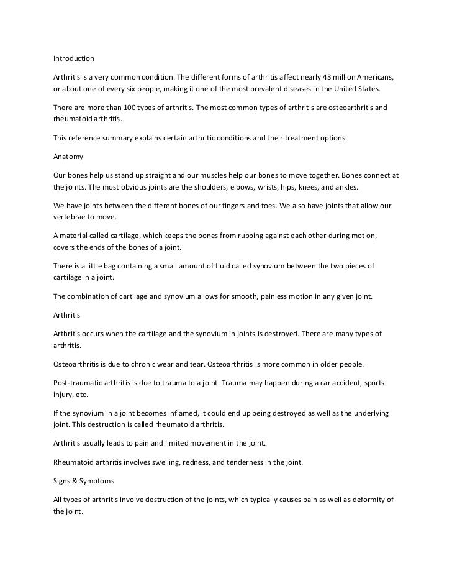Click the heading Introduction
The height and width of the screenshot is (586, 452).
73,59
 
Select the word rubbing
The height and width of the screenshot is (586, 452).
264,236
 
